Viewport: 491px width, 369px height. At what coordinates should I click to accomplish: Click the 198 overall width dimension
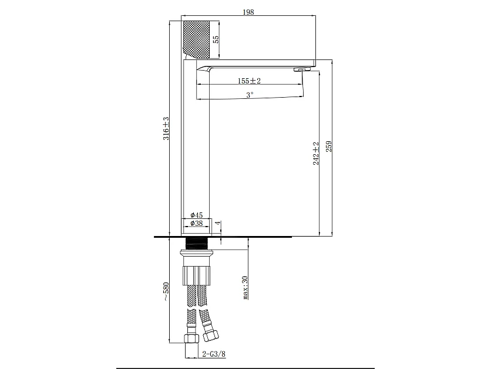pos(248,13)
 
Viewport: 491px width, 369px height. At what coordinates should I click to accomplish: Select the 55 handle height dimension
pos(216,39)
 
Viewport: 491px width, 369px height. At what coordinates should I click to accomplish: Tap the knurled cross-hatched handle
pos(195,39)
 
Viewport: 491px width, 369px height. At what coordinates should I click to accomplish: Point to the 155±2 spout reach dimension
pos(250,81)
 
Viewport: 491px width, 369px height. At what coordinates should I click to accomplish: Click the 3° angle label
pos(250,94)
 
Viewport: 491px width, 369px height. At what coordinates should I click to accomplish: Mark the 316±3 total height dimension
pos(166,128)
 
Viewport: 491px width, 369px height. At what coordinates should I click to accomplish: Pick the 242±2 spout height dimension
pos(315,153)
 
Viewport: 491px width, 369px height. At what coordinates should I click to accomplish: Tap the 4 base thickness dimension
pos(217,224)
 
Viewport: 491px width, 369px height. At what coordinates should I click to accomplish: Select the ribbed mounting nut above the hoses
pos(197,274)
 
